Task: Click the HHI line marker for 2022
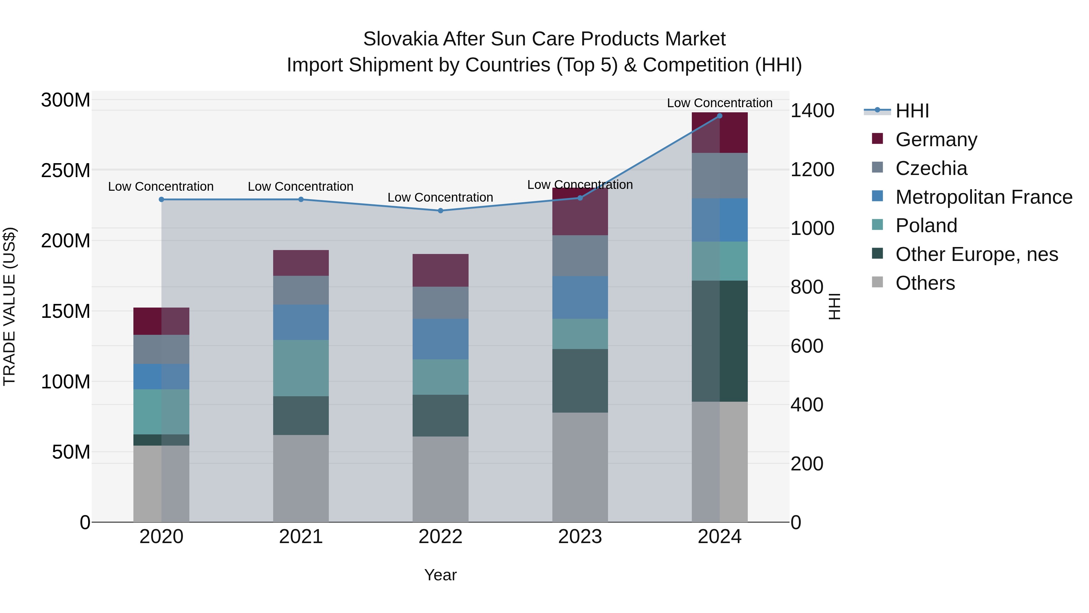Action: click(x=440, y=210)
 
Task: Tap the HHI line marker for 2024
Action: click(x=720, y=116)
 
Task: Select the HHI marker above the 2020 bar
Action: click(x=161, y=199)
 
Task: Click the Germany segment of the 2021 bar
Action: click(x=301, y=263)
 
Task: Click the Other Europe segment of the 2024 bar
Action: click(x=720, y=341)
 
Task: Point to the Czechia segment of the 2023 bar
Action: click(x=580, y=255)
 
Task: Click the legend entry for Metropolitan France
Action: click(x=983, y=197)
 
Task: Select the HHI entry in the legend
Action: click(x=912, y=111)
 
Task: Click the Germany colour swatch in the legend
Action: click(x=877, y=138)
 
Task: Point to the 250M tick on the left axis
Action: click(x=66, y=170)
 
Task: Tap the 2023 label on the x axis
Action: click(x=580, y=536)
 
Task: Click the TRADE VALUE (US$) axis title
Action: click(x=9, y=306)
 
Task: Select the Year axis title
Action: click(x=440, y=575)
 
